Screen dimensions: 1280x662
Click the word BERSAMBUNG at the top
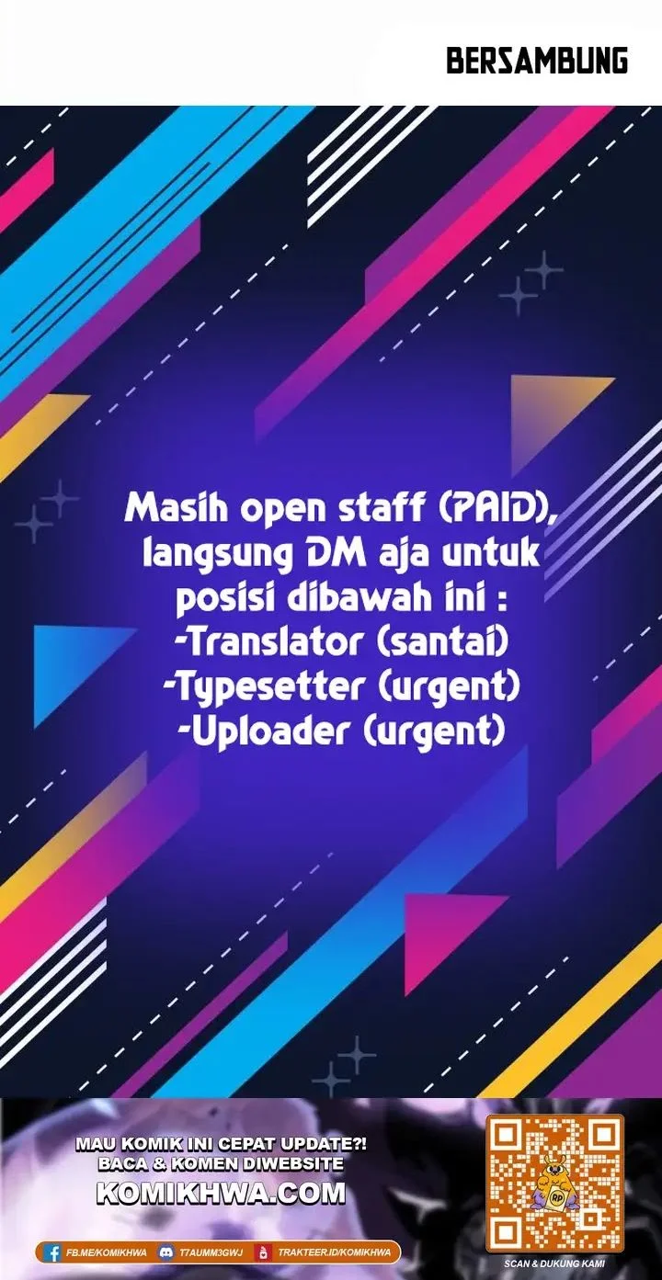(537, 62)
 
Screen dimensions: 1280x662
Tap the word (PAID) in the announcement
(496, 508)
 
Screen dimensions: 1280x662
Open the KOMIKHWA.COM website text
(221, 1193)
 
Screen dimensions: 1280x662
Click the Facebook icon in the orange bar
(54, 1252)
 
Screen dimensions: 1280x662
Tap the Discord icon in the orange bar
(166, 1252)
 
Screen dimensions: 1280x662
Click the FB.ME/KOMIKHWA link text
(107, 1252)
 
